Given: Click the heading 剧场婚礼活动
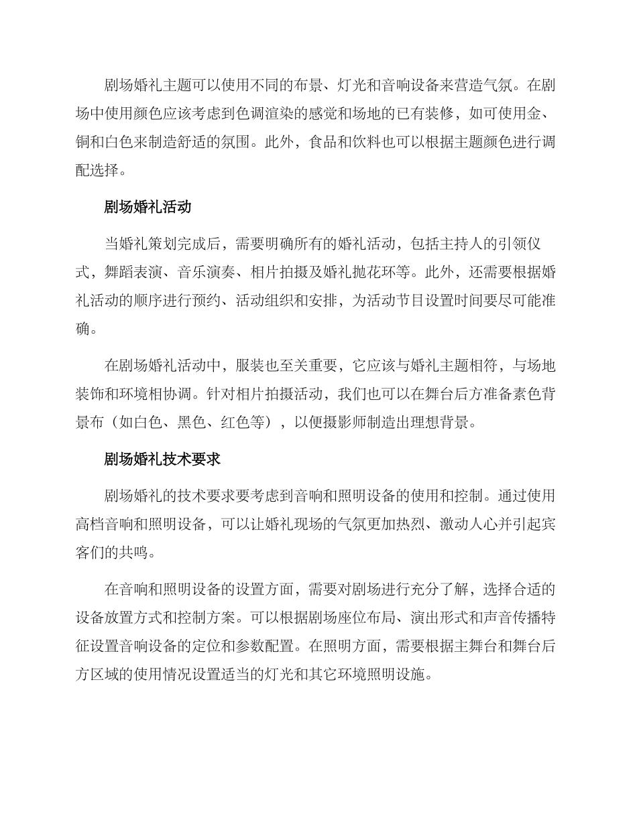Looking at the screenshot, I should (x=148, y=207).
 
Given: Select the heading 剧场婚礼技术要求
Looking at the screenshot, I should (x=163, y=460).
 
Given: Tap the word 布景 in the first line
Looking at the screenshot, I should (x=297, y=85).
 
